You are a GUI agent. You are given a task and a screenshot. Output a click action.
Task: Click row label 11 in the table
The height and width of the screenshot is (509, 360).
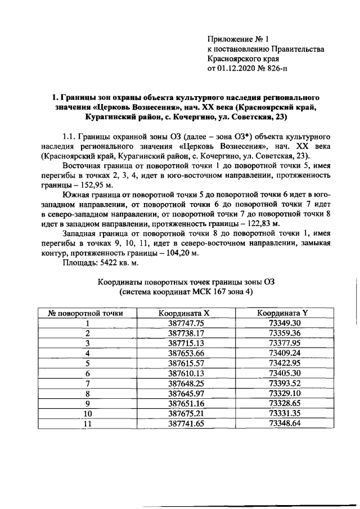[x=88, y=423]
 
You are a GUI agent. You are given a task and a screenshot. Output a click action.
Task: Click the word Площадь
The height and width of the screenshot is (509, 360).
[x=78, y=262]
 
